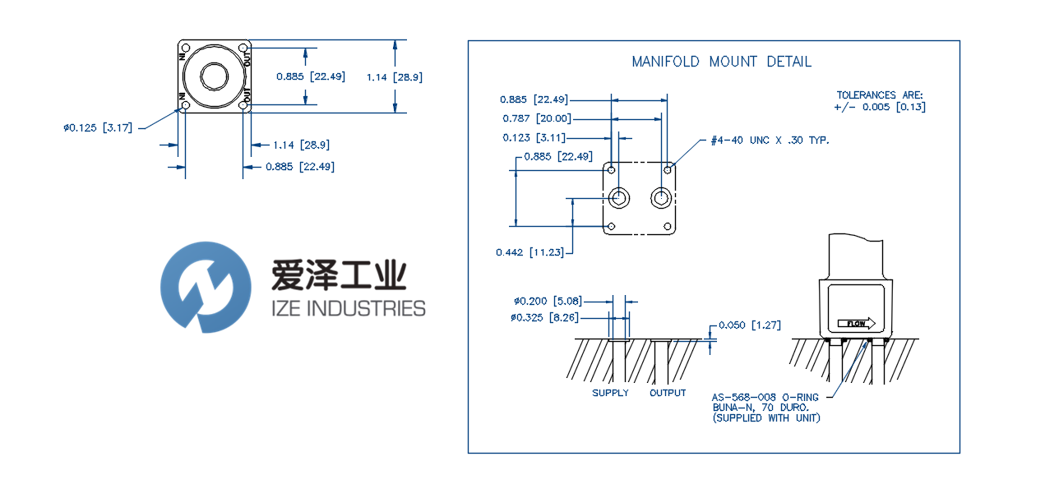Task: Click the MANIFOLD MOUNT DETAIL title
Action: (721, 62)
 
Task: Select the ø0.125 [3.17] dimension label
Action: (98, 127)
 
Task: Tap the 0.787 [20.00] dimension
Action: (535, 119)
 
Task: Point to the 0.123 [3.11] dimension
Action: (534, 137)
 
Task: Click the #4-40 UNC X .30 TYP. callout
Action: (770, 141)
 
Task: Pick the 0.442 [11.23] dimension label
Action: (530, 252)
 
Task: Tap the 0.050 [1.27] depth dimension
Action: (749, 325)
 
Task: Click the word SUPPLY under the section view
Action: (610, 393)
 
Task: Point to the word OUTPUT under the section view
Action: (668, 393)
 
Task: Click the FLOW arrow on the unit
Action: (856, 323)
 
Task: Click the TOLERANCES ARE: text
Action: (880, 95)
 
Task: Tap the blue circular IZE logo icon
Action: (206, 287)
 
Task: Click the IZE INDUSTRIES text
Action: (348, 309)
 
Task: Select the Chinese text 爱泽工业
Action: (338, 274)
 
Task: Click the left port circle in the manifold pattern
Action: (620, 198)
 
